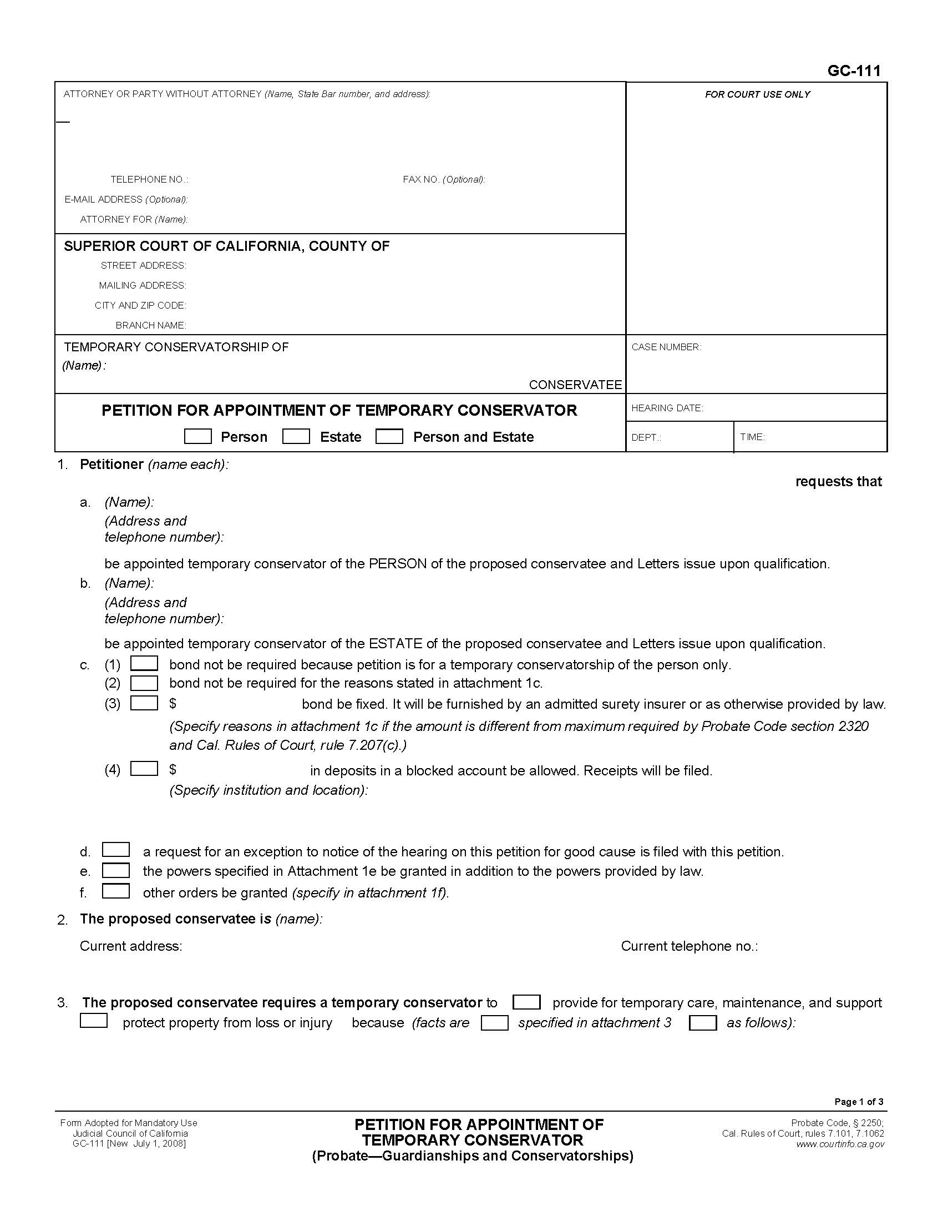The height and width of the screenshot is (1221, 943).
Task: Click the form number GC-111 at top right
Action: (x=854, y=70)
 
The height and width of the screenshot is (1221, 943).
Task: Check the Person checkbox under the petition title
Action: (x=198, y=437)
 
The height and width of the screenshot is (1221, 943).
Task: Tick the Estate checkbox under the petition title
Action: (x=296, y=437)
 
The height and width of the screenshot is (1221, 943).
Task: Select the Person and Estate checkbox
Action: (x=389, y=437)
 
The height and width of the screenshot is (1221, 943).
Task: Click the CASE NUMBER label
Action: (x=666, y=347)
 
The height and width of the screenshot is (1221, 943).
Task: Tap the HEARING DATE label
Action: (x=667, y=408)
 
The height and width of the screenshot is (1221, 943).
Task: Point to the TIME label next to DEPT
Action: (x=752, y=437)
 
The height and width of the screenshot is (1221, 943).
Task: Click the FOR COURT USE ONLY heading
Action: (x=757, y=94)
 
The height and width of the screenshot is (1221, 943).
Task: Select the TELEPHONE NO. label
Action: (x=149, y=179)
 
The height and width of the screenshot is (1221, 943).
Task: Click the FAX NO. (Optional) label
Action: (x=444, y=179)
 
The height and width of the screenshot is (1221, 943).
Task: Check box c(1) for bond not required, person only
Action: (x=144, y=664)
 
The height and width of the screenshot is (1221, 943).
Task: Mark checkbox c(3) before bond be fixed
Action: (x=144, y=703)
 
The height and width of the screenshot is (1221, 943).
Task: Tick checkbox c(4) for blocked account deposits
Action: (x=144, y=769)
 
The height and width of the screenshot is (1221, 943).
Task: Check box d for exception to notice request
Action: (x=115, y=850)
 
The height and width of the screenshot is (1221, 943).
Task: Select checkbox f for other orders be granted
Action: (x=115, y=891)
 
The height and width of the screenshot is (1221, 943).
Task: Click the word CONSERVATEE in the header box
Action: (x=575, y=385)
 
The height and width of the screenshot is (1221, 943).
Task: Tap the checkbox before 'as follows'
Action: (x=703, y=1023)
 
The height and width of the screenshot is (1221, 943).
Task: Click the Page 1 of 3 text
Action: (x=859, y=1102)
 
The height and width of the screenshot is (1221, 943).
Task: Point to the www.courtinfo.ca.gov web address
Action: (x=840, y=1144)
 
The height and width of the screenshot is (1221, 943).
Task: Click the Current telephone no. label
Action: (x=689, y=946)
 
